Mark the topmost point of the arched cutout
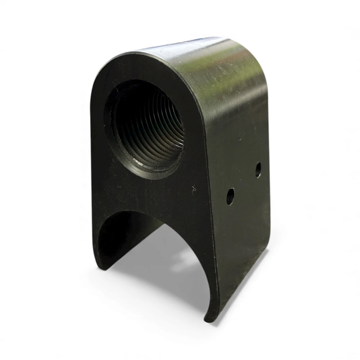coord(139,211)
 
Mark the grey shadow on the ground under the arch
coord(166,285)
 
